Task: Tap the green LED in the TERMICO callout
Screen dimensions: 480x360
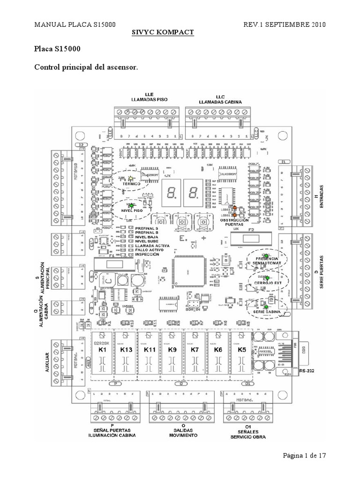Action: [131, 178]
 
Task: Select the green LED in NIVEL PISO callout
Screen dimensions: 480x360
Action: [131, 205]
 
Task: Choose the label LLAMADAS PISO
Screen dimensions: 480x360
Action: [150, 100]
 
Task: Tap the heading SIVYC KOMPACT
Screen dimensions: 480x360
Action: [161, 32]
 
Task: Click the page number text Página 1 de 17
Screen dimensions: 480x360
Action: [304, 455]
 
